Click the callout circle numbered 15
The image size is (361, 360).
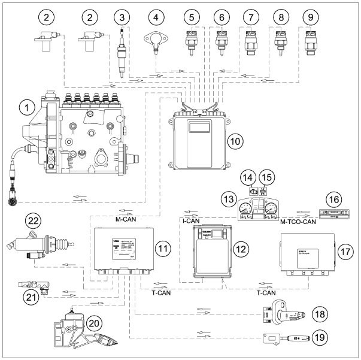[265, 177]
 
